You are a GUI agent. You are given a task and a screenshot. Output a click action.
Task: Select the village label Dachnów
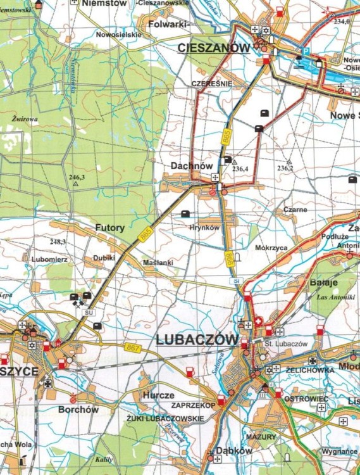(x=192, y=166)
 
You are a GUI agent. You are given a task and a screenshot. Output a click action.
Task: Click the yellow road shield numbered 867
(x=133, y=346)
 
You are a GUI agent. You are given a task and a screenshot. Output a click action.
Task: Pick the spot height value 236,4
(x=240, y=168)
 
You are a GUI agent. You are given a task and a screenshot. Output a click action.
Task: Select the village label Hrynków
(x=204, y=228)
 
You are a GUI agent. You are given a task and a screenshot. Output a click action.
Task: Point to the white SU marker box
(x=89, y=312)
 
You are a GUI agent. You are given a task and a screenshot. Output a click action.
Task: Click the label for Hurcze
(x=158, y=395)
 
